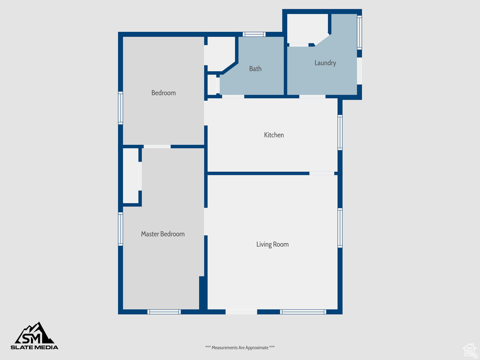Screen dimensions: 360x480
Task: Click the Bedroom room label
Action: point(164,93)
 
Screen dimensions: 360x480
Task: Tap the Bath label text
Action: point(255,69)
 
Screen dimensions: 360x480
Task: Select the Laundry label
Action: point(325,63)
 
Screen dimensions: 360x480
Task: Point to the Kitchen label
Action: point(274,135)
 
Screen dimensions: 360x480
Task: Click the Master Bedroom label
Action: point(163,234)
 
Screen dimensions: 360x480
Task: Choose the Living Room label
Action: point(272,244)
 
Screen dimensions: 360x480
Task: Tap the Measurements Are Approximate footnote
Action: point(240,347)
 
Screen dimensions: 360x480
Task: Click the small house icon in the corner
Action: point(469,349)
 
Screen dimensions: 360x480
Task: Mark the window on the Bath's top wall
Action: point(254,34)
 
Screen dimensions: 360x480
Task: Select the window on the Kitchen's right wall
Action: point(340,133)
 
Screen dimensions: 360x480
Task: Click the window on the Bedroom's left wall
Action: point(120,108)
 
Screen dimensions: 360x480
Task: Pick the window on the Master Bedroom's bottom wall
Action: point(164,312)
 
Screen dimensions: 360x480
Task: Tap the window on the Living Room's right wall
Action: point(340,228)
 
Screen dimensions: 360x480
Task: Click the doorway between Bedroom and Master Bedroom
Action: point(157,147)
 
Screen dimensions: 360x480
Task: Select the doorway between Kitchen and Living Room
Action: point(322,173)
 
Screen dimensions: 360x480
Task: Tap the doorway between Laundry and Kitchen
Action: point(312,97)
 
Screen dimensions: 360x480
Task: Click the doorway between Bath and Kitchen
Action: point(233,97)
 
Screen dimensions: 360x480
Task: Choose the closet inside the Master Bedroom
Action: point(131,176)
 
